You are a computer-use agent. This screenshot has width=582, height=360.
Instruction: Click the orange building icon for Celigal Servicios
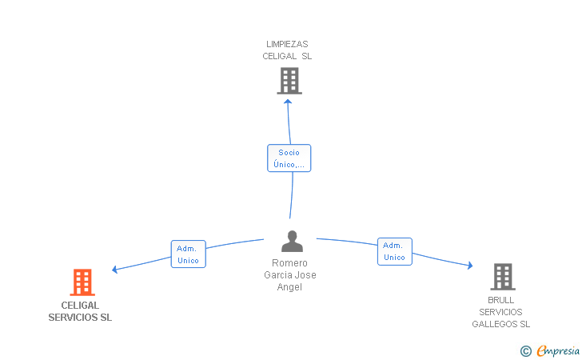(82, 282)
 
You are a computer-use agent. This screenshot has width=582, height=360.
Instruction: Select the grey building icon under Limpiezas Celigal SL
(289, 81)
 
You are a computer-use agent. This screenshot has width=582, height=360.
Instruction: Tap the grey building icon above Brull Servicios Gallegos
(503, 277)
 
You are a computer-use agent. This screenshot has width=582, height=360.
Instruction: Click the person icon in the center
(292, 241)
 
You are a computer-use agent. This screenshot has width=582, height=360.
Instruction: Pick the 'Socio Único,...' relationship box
(289, 158)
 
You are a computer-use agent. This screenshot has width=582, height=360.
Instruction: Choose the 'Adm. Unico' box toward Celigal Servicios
(188, 254)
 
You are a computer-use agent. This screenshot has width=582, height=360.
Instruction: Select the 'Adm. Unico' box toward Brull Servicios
(395, 251)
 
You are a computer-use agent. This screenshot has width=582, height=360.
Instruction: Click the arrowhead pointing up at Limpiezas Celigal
(288, 102)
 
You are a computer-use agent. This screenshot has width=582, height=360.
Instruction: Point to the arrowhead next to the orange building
(114, 270)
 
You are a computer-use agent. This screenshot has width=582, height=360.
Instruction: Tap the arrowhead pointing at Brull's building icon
(470, 266)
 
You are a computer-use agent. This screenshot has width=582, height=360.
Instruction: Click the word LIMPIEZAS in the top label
(287, 44)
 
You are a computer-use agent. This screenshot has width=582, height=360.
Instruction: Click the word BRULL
(500, 300)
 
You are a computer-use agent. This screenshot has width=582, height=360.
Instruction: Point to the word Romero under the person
(289, 263)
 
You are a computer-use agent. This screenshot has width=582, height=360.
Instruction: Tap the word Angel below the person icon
(289, 287)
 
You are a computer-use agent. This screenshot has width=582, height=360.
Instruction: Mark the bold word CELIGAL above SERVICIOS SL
(80, 306)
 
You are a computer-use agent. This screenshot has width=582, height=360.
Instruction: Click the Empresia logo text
(558, 350)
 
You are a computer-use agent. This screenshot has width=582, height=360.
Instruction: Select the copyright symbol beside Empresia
(526, 351)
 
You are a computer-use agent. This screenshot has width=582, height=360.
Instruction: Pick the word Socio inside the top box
(289, 152)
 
